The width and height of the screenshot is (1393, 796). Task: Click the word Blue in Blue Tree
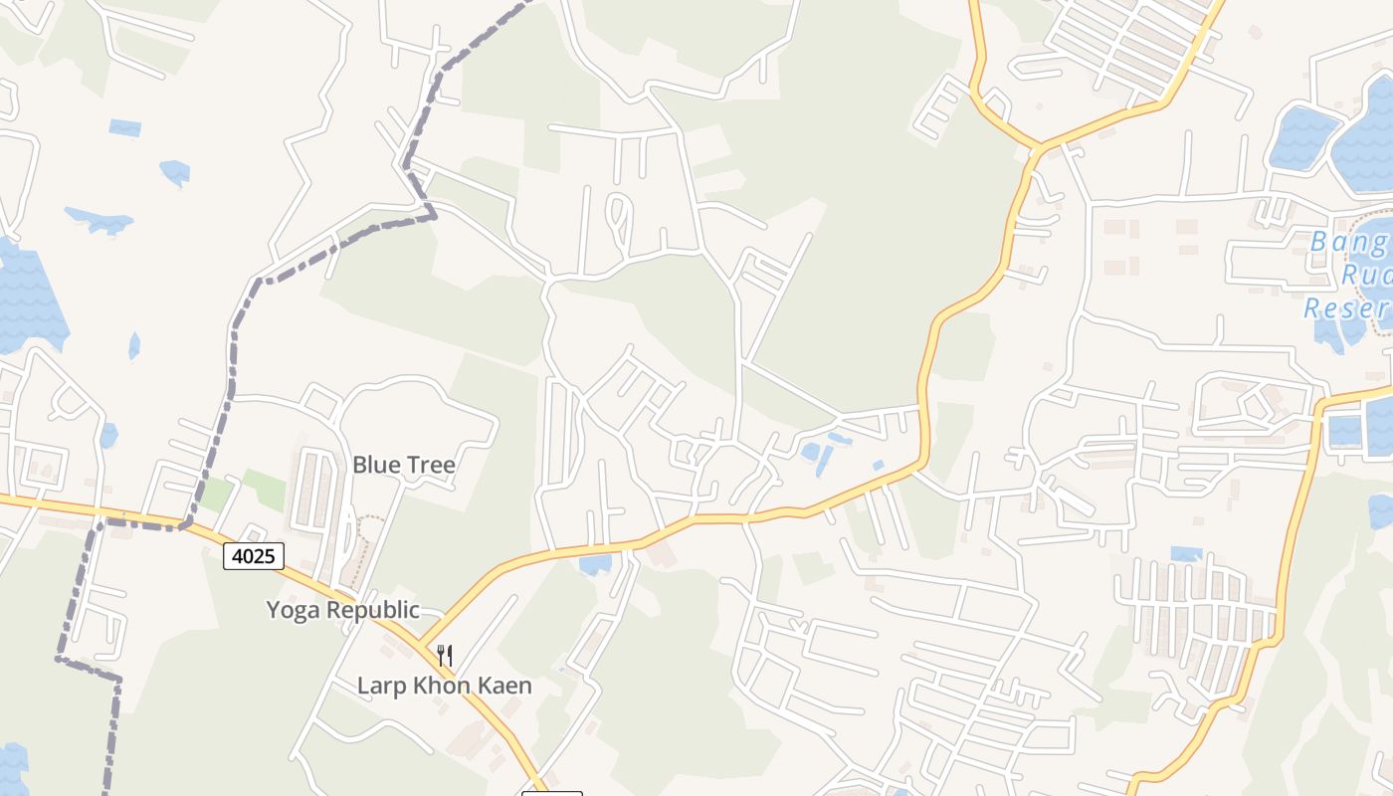(x=374, y=465)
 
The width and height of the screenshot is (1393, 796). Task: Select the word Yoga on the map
(x=295, y=610)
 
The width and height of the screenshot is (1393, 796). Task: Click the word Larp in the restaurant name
(x=380, y=686)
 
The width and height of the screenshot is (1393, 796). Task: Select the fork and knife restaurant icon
(x=445, y=655)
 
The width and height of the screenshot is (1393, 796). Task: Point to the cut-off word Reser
(x=1347, y=307)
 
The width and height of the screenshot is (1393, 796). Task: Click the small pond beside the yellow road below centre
(x=595, y=565)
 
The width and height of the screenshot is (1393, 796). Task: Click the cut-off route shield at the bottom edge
(x=551, y=793)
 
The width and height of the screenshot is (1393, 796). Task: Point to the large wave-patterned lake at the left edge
(x=28, y=298)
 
